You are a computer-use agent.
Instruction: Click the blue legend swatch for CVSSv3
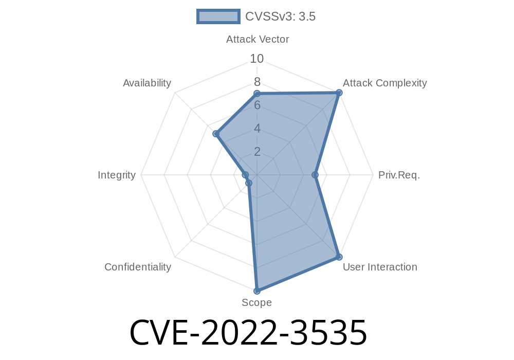pos(218,16)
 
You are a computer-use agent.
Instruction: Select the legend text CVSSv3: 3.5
pos(280,16)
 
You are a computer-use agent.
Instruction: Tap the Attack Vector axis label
pos(258,40)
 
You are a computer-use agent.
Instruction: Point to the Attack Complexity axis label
pos(385,83)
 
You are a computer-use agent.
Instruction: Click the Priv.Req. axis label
pos(399,175)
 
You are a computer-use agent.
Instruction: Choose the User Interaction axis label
pos(380,267)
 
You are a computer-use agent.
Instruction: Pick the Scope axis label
pos(256,302)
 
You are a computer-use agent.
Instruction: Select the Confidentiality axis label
pos(138,267)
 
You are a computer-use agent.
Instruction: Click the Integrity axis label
pos(117,175)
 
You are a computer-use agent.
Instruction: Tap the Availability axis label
pos(147,83)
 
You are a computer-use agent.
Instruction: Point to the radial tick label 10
pos(256,59)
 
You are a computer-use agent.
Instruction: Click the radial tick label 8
pos(257,82)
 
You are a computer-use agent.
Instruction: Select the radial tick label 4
pos(257,129)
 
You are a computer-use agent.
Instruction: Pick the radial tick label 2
pos(257,152)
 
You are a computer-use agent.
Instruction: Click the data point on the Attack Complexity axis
pos(339,93)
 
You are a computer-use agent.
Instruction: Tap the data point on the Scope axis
pos(257,291)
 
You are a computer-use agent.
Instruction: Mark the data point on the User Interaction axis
pos(339,257)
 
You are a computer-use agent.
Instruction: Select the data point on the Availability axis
pos(216,134)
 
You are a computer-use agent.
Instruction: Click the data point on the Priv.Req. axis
pos(315,175)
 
